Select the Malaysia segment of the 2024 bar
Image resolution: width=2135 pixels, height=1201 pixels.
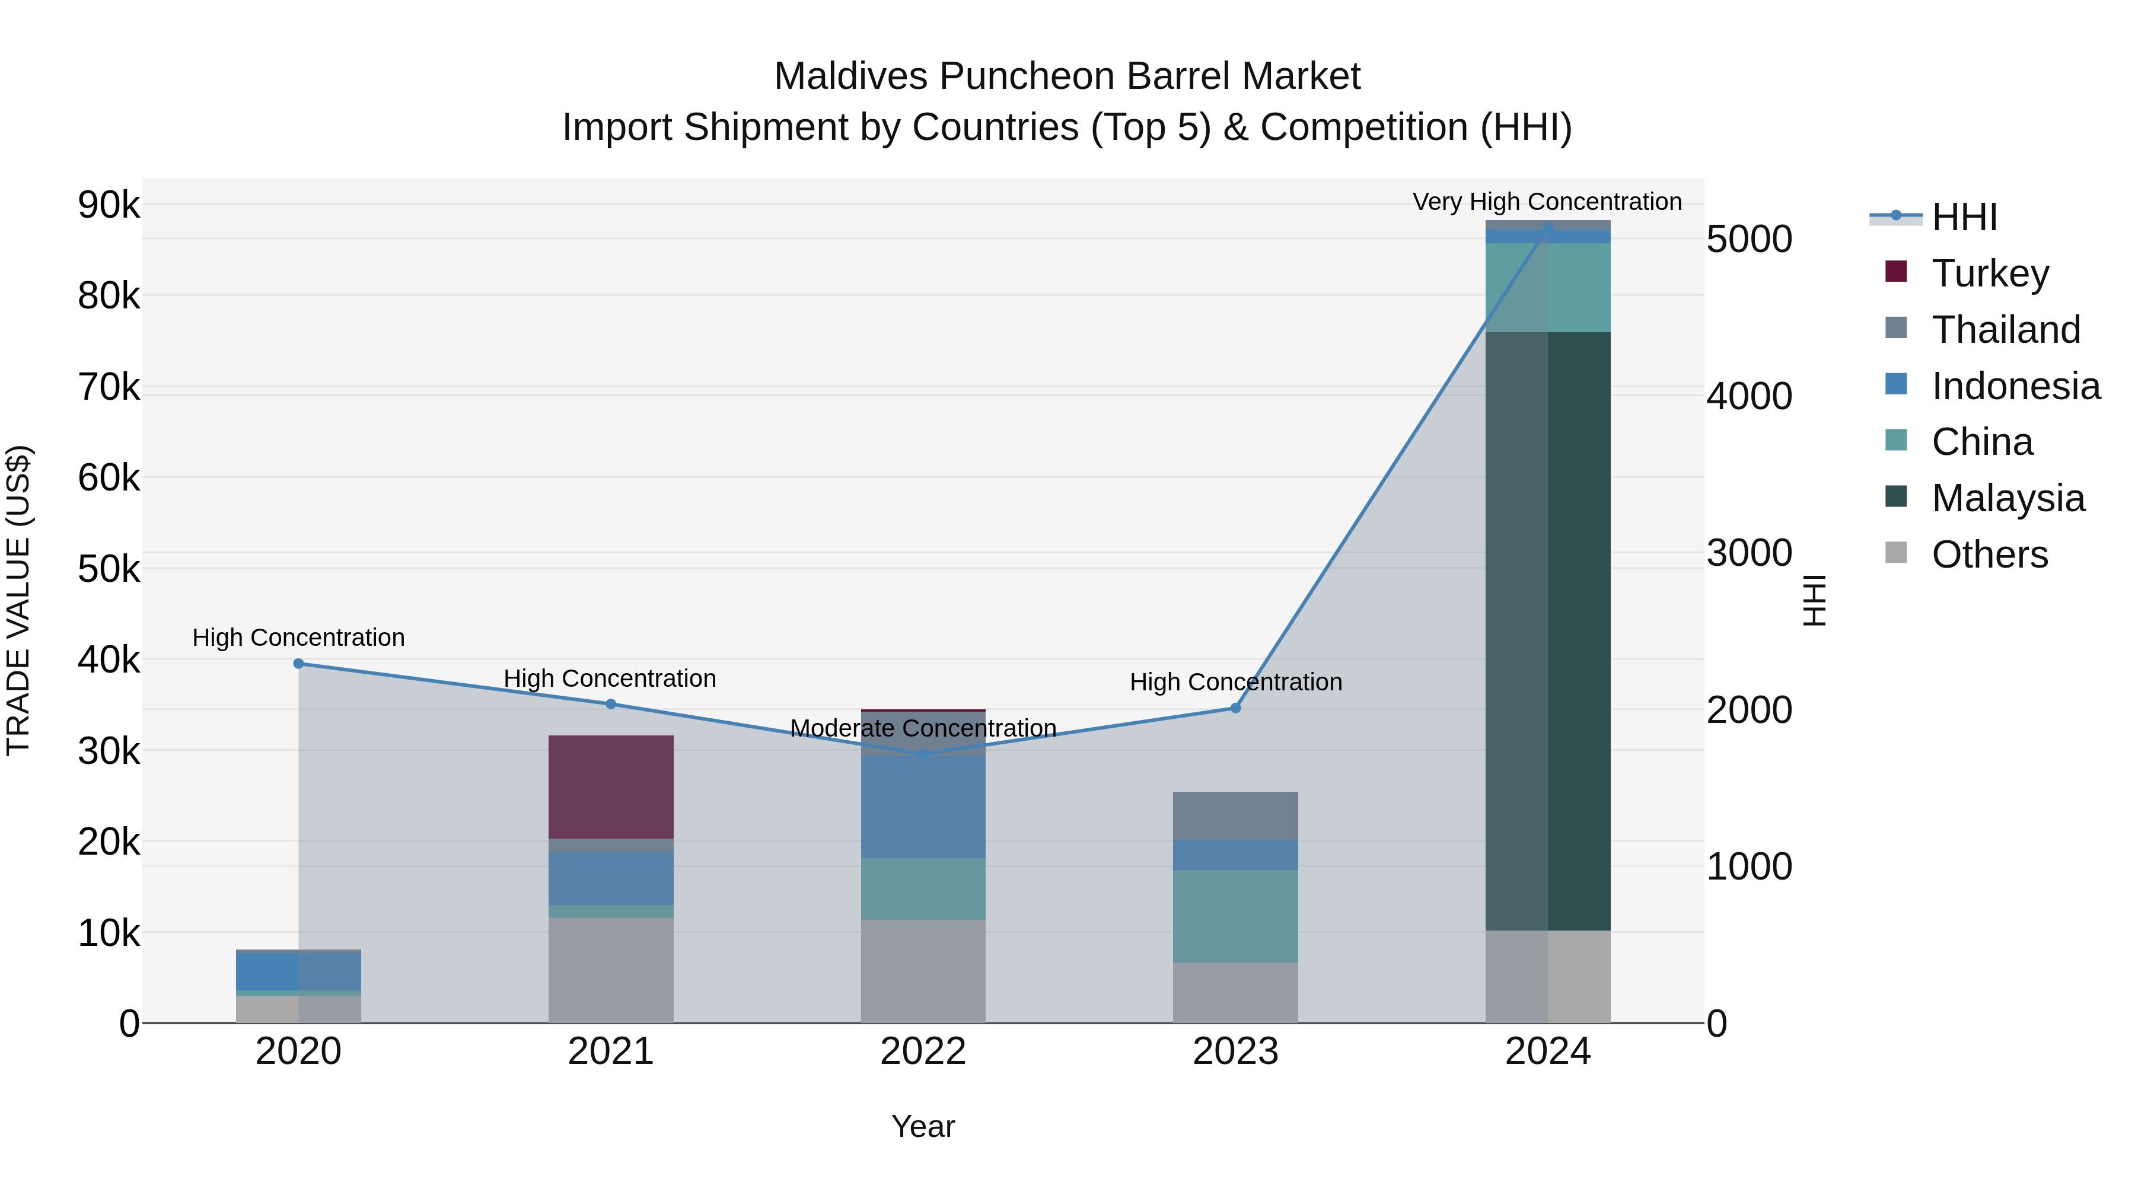click(1547, 630)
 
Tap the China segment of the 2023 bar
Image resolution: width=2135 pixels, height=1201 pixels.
click(1235, 916)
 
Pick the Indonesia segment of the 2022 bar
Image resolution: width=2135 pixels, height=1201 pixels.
click(922, 805)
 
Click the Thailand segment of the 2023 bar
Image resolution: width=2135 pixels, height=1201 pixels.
click(1235, 815)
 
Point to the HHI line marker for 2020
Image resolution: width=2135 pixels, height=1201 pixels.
click(298, 663)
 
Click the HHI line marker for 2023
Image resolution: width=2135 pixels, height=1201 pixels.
click(1235, 708)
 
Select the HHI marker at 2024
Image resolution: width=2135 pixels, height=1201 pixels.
click(1547, 227)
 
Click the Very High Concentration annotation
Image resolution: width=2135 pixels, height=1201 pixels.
click(1547, 202)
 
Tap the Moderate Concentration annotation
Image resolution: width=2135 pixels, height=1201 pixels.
click(922, 728)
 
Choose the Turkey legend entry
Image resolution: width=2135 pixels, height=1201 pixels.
click(1989, 273)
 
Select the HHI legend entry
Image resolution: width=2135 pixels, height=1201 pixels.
click(1964, 217)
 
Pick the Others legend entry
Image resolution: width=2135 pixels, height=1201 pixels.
click(1989, 555)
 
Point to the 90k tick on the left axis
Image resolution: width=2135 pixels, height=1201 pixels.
click(109, 205)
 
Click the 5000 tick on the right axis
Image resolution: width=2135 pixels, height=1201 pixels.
click(1749, 240)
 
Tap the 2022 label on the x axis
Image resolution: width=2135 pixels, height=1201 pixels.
click(922, 1052)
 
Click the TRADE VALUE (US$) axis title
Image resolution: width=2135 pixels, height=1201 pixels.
click(18, 600)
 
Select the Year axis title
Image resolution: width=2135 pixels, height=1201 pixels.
click(922, 1126)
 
